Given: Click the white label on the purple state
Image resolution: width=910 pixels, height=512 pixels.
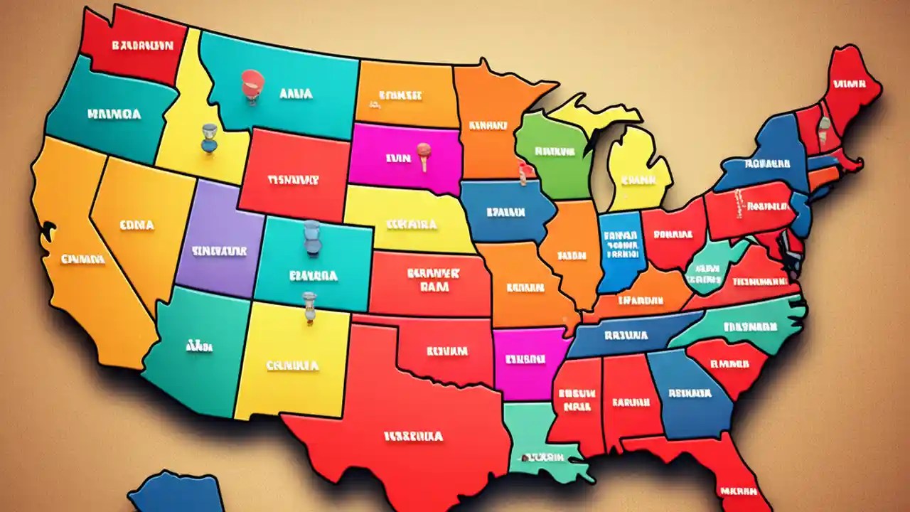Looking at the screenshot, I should click(x=218, y=251).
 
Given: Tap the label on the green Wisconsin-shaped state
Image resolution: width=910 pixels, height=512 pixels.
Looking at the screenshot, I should click(x=555, y=151).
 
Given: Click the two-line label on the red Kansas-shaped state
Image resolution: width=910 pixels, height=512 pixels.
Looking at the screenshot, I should click(x=434, y=279).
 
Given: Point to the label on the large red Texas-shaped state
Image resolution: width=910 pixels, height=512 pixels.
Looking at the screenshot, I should click(x=414, y=436).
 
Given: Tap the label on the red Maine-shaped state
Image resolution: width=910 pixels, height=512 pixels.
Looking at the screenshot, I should click(x=849, y=83).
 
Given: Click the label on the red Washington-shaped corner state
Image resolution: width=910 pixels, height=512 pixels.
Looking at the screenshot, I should click(x=142, y=45).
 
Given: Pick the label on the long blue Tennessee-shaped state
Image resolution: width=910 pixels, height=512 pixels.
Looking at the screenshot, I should click(x=626, y=334).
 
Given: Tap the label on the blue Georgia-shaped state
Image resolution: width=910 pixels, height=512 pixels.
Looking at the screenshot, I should click(x=688, y=392).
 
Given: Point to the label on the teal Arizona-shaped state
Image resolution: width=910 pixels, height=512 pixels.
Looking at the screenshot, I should click(x=199, y=347).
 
